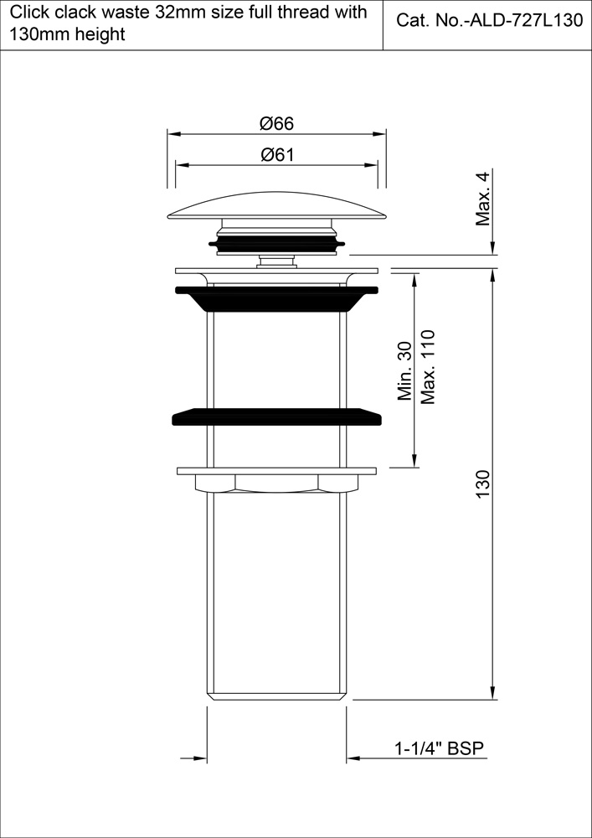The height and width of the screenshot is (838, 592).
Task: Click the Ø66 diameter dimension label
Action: point(276,123)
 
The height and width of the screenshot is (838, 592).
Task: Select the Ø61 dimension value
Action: point(276,154)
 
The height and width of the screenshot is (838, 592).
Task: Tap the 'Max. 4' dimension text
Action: point(482,199)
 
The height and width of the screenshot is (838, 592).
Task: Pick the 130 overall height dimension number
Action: point(482,485)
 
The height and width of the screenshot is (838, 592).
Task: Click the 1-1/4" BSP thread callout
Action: point(440,748)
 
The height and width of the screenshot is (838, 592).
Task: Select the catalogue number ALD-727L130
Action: point(489,22)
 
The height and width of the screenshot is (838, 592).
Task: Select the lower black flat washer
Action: point(276,416)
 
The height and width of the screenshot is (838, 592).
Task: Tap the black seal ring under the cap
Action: point(276,244)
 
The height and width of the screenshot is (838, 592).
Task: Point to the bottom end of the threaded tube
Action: point(276,695)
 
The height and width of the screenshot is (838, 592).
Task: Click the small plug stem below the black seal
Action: point(276,261)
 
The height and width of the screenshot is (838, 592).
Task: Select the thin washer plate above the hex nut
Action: point(276,470)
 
